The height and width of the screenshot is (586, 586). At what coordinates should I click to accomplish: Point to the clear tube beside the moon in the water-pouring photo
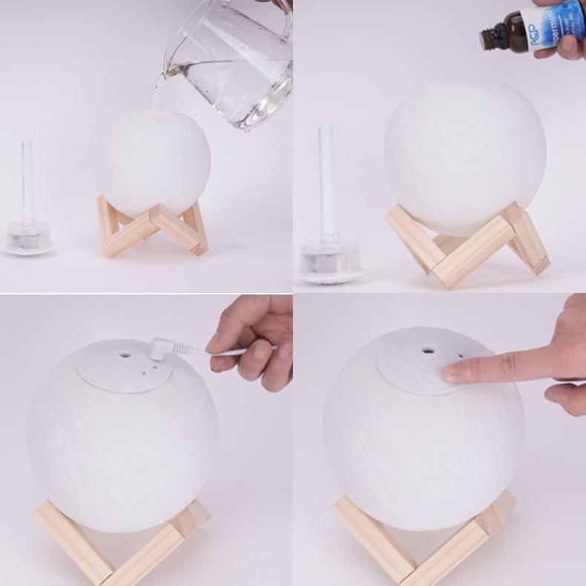coord(27,182)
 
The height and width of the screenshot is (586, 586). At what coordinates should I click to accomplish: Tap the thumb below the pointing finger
coord(567,397)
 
